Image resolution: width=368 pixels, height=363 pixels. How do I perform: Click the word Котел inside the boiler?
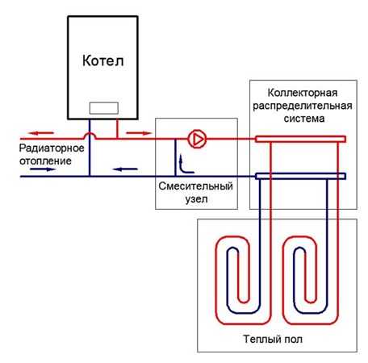[x=103, y=60]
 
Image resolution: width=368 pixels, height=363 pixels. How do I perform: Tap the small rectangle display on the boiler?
[x=104, y=108]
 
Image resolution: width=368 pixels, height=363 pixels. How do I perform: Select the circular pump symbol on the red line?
[x=197, y=139]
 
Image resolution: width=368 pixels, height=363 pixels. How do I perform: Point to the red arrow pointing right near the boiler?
[x=139, y=133]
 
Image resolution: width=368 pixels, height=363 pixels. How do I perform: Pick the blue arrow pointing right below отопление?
[x=43, y=169]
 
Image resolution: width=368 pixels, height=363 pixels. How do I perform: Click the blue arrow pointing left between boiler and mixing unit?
[x=125, y=169]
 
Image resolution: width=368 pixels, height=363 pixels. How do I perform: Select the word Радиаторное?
[x=52, y=148]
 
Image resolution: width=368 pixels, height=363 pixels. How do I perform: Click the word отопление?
[x=45, y=161]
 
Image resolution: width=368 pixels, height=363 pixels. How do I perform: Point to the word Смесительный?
[x=195, y=186]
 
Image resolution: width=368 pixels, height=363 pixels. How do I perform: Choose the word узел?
[x=196, y=199]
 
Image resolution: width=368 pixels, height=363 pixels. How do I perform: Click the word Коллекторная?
[x=303, y=93]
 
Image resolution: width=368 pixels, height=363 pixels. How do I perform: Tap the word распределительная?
[x=303, y=106]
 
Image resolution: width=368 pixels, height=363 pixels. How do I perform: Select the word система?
[x=304, y=119]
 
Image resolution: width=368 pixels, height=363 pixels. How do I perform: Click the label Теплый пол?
[x=273, y=339]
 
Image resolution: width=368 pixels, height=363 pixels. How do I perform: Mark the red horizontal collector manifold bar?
[x=300, y=139]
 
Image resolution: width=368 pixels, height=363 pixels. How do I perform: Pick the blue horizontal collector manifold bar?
[x=300, y=176]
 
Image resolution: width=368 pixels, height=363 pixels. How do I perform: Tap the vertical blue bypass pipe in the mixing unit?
[x=176, y=157]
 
